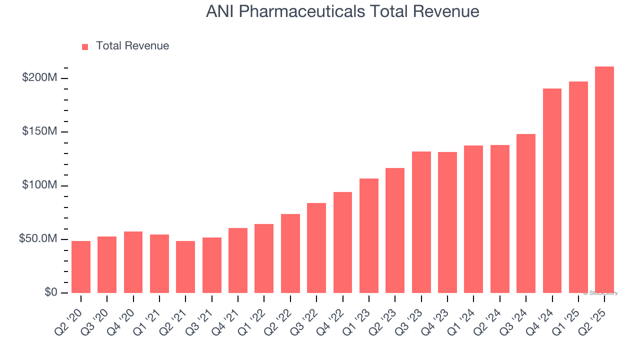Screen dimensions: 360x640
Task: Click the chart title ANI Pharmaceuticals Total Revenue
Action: point(342,11)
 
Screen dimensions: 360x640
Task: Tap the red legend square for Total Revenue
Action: point(85,46)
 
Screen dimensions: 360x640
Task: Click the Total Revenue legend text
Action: point(132,46)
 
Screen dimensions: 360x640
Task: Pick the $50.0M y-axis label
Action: point(38,239)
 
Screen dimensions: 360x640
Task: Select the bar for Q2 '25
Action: point(604,180)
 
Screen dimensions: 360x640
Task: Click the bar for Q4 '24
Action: point(552,191)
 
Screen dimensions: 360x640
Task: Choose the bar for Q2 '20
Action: point(81,267)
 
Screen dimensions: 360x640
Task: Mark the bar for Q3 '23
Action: point(421,222)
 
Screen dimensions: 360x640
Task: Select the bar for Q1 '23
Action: point(369,236)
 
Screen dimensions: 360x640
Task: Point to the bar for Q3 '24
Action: point(525,213)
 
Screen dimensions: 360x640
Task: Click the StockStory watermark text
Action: point(600,293)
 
